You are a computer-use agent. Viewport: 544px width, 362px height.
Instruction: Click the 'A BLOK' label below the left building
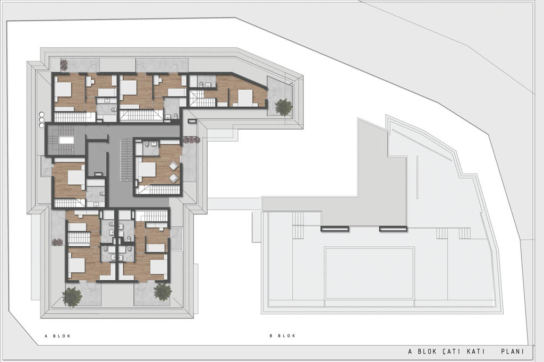coord(57,335)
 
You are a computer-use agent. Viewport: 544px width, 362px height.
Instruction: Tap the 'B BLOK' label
coord(283,335)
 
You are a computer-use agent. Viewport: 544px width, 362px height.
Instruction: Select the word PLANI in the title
coord(513,351)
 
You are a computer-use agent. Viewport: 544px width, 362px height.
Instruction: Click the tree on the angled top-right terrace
coord(284,107)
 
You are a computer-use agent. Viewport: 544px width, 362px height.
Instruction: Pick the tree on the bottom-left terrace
coord(72,297)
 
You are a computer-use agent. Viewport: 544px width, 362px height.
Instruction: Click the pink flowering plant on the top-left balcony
coord(64,65)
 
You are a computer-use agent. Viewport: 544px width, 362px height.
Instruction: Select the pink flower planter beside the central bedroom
coord(191,140)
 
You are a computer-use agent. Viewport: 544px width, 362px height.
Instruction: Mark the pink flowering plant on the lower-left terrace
coord(57,242)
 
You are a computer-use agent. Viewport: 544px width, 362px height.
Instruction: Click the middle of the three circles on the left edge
coord(41,119)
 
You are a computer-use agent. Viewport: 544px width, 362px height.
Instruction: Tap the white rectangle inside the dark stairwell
coord(66,140)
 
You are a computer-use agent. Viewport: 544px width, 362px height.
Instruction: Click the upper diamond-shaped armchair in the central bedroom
coord(174,166)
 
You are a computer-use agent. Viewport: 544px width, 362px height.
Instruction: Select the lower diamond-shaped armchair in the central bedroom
coord(174,178)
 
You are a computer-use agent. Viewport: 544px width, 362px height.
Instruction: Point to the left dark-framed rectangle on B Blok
coord(335,228)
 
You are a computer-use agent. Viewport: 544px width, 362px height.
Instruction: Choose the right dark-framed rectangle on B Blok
coord(393,228)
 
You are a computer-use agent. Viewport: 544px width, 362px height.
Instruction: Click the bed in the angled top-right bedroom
coord(245,98)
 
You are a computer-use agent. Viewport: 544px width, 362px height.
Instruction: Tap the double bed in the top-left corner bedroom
coord(63,90)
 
